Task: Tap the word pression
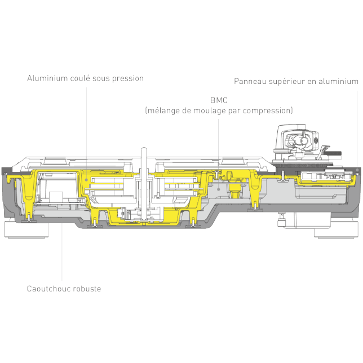tap(128, 79)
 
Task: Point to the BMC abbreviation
tap(219, 100)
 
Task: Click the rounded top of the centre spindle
tap(144, 149)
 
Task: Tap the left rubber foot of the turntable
tap(26, 229)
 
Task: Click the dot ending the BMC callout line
tap(218, 189)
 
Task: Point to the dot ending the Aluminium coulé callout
tap(86, 180)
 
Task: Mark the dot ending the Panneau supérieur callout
tap(357, 170)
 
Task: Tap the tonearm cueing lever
tap(324, 152)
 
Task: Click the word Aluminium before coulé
tap(47, 78)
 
